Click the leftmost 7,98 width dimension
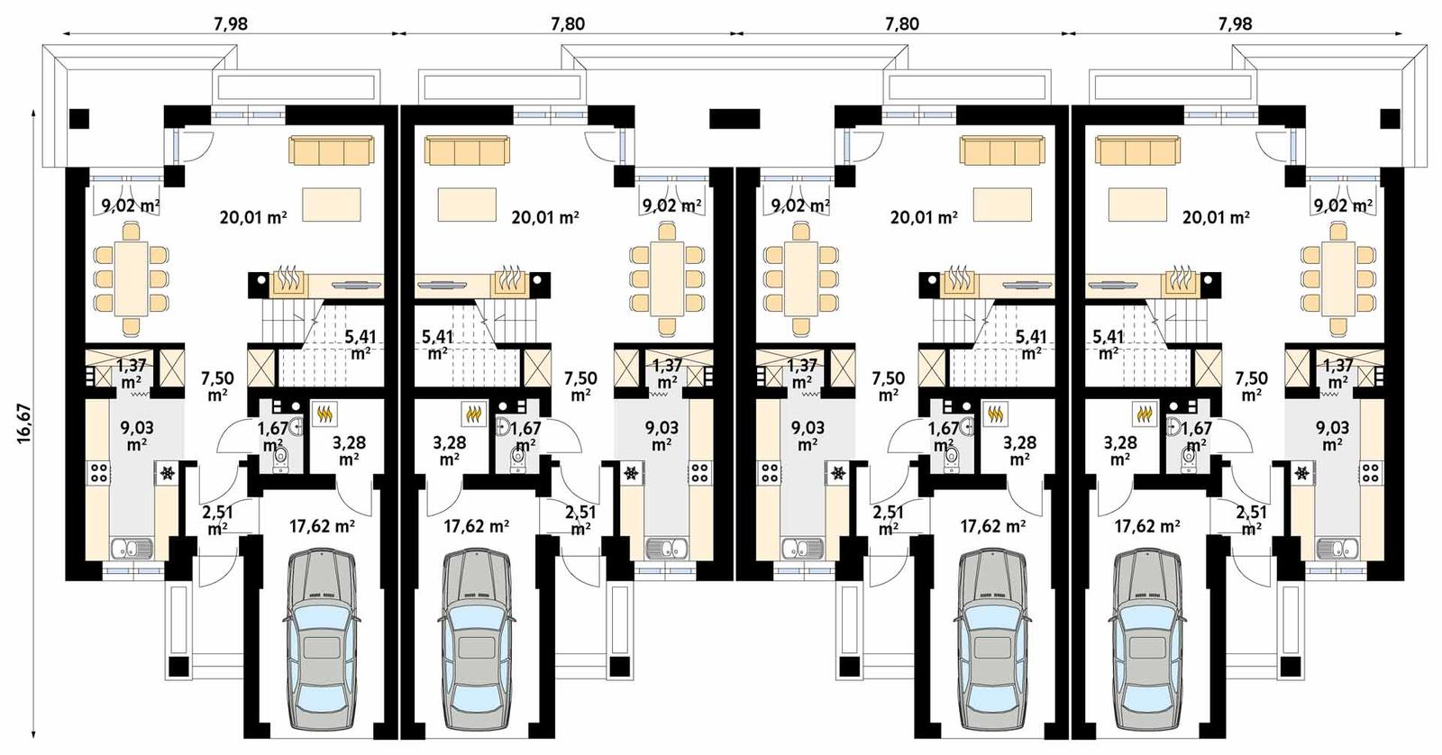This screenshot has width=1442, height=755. pos(231,23)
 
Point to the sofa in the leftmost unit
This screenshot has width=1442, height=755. pos(332,150)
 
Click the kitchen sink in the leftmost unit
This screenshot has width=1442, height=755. pos(132,547)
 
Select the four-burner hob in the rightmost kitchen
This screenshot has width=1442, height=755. pos(1370,472)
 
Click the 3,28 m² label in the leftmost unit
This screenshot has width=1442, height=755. pos(349,450)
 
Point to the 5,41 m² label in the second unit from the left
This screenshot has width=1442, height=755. pos(437,344)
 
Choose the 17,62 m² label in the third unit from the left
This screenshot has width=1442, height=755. pos(992,526)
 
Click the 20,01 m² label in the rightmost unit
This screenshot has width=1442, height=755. pos(1216,217)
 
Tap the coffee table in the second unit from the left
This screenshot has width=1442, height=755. pos(467,204)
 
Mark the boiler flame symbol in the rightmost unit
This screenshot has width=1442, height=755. pos(1145,414)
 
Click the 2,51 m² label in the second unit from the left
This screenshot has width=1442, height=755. pos(580,520)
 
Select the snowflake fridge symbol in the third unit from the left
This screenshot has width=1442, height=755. pos(839,472)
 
